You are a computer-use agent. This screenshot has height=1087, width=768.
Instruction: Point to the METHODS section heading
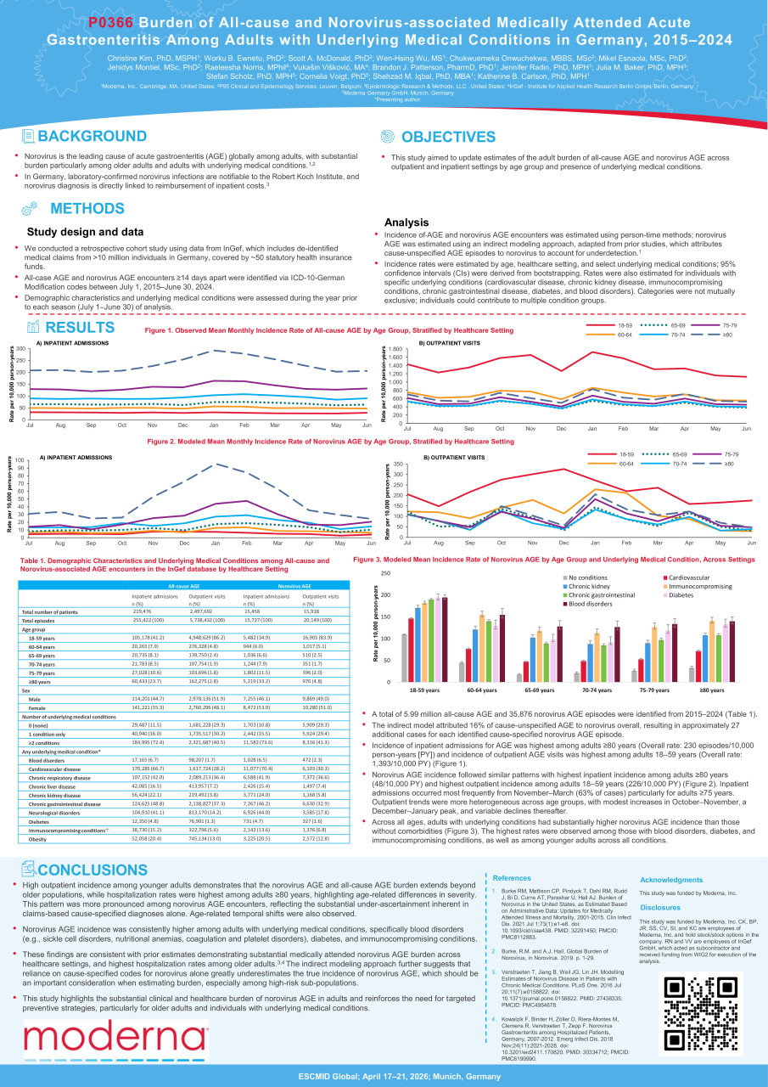[x=87, y=209]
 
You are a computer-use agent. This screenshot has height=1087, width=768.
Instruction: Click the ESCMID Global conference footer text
[x=384, y=1075]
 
